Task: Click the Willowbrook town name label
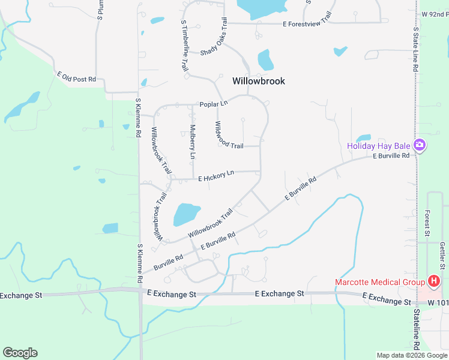pyautogui.click(x=258, y=81)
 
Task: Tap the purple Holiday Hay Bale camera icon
pyautogui.click(x=420, y=146)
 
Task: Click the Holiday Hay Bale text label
pyautogui.click(x=378, y=146)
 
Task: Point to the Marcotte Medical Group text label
pyautogui.click(x=379, y=282)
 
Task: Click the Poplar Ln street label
pyautogui.click(x=214, y=104)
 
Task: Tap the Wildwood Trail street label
pyautogui.click(x=229, y=136)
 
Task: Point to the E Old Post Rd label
pyautogui.click(x=76, y=77)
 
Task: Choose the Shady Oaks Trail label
pyautogui.click(x=215, y=42)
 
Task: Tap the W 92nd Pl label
pyautogui.click(x=435, y=13)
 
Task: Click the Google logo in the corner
pyautogui.click(x=20, y=353)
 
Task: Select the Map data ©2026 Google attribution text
pyautogui.click(x=412, y=355)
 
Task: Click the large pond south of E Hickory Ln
pyautogui.click(x=186, y=214)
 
